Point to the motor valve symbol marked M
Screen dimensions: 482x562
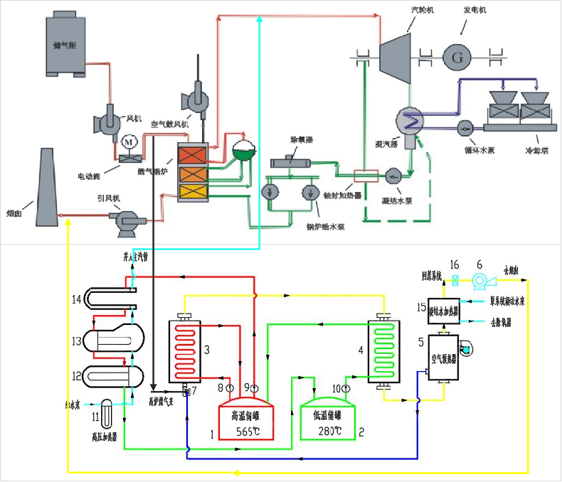pyautogui.click(x=129, y=141)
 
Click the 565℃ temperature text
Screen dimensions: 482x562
pyautogui.click(x=245, y=432)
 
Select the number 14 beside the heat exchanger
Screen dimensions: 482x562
pyautogui.click(x=77, y=300)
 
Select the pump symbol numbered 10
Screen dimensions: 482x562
pyautogui.click(x=346, y=388)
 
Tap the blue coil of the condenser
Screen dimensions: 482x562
pyautogui.click(x=411, y=120)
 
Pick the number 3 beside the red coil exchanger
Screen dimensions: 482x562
pyautogui.click(x=206, y=350)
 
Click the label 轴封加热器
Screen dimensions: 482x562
pyautogui.click(x=347, y=194)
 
